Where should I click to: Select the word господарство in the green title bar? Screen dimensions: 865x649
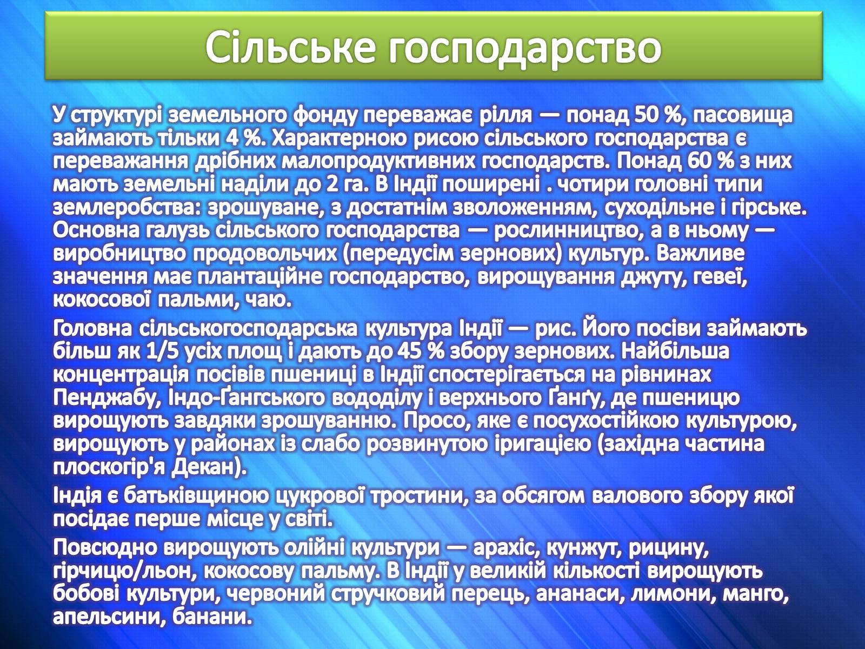coord(524,50)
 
